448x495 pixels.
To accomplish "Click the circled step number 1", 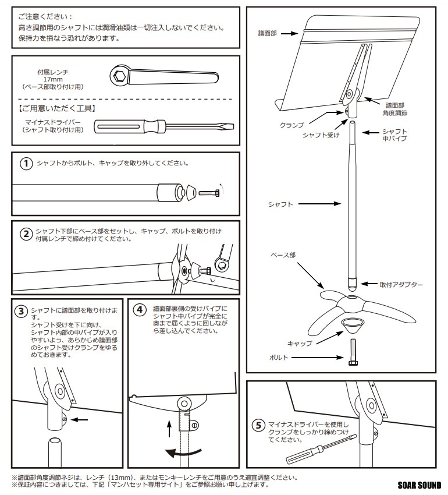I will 26,164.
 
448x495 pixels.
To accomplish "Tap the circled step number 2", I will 26,235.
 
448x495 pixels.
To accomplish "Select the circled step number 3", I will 22,311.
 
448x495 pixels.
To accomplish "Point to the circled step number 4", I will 139,310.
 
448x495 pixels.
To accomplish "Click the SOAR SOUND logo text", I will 419,485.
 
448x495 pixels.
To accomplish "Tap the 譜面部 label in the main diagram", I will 268,34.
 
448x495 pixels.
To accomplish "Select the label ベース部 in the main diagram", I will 284,256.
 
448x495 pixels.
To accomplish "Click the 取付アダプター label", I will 401,285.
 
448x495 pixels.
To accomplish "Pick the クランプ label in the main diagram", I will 293,125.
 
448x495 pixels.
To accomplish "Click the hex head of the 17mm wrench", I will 121,75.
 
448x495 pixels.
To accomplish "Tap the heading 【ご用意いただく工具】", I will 57,108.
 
